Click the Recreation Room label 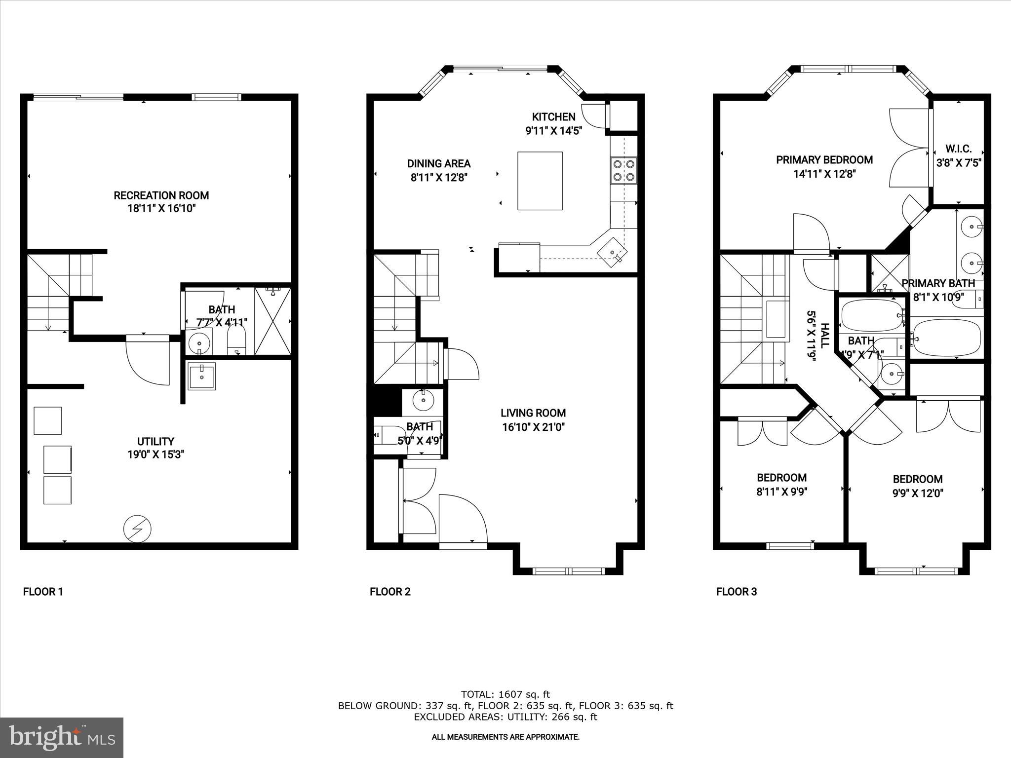(x=161, y=195)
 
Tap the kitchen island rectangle (x=540, y=181)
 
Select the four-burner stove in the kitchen (x=623, y=170)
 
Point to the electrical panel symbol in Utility (x=137, y=529)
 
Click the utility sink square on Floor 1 (x=201, y=377)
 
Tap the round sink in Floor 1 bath (x=199, y=342)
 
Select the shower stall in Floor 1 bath (x=272, y=321)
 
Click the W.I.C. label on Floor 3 (x=958, y=149)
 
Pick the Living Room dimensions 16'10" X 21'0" (x=533, y=427)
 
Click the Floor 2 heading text (x=390, y=592)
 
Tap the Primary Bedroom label (x=824, y=160)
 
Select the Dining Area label (x=438, y=164)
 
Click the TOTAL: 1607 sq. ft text (x=505, y=694)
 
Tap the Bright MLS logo (x=62, y=738)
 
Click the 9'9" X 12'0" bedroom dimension (x=918, y=493)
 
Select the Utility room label (x=156, y=442)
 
